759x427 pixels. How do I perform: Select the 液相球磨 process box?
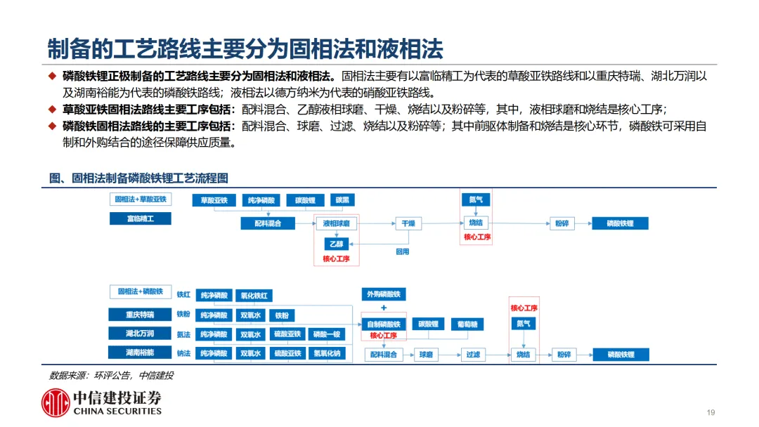[336, 223]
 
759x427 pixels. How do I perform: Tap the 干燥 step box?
[408, 223]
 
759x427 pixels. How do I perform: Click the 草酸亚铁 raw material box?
[214, 200]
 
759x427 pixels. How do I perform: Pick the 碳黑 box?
[342, 200]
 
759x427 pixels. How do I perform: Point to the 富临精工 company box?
[140, 218]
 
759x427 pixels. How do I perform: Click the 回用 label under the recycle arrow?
[402, 251]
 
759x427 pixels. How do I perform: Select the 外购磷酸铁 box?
[384, 294]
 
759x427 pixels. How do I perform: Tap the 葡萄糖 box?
[467, 324]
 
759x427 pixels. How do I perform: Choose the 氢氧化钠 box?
[327, 353]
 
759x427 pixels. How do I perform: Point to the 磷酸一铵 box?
[327, 334]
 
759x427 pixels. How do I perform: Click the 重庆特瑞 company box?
[140, 314]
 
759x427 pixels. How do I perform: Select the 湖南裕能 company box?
[140, 352]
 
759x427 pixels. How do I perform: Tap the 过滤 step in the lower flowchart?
[473, 355]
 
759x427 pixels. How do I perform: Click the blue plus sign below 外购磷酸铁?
[384, 308]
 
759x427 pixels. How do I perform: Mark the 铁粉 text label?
[183, 315]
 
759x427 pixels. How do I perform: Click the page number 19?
[711, 412]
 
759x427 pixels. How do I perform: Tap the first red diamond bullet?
[52, 77]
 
